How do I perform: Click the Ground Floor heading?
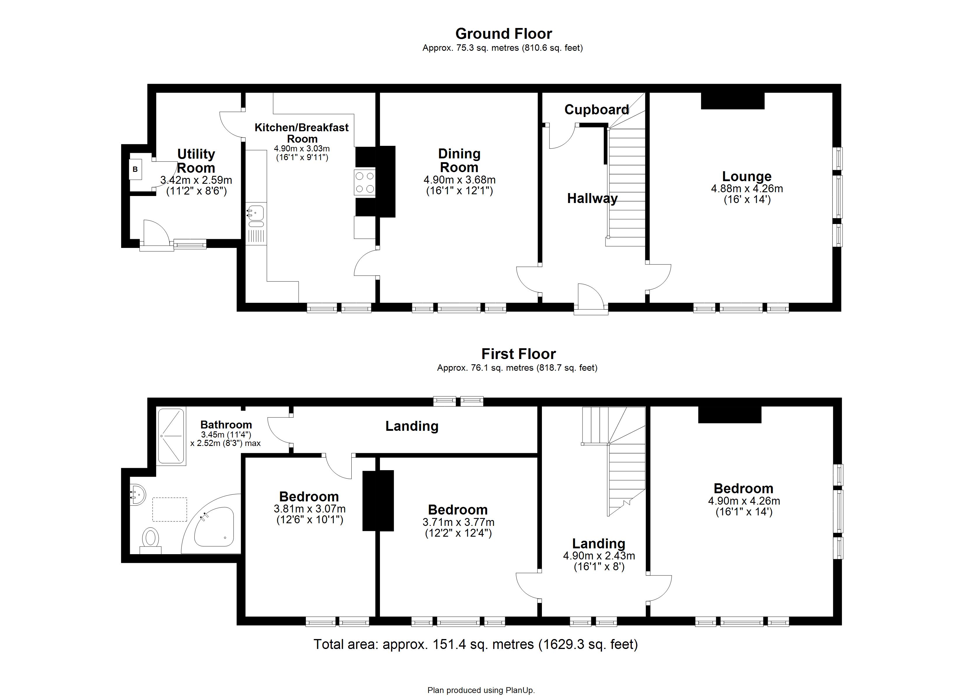click(504, 34)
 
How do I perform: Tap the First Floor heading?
click(519, 353)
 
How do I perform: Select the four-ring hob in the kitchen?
click(365, 182)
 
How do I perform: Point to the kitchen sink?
click(256, 216)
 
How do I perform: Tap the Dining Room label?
click(459, 160)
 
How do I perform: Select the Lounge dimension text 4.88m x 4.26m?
click(747, 188)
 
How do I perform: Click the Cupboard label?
click(596, 110)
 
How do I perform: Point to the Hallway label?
click(592, 198)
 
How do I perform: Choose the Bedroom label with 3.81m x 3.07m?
click(309, 496)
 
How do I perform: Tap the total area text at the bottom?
click(476, 644)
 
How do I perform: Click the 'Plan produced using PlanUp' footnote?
click(481, 690)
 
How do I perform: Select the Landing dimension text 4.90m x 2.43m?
click(599, 556)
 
